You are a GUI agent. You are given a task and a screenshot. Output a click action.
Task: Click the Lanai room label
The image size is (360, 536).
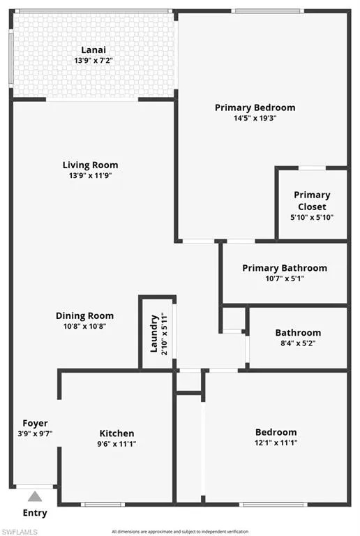click(x=93, y=50)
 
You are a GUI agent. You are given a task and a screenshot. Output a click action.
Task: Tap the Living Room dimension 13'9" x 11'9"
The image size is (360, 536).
click(x=91, y=176)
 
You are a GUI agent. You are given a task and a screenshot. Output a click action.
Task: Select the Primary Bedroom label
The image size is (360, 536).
click(x=255, y=107)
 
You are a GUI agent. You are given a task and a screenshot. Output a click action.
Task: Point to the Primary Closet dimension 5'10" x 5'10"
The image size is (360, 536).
click(x=312, y=218)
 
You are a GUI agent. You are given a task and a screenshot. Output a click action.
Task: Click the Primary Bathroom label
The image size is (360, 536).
click(x=285, y=268)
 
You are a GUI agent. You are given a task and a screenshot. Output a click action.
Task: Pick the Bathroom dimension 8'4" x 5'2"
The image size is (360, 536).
click(x=298, y=343)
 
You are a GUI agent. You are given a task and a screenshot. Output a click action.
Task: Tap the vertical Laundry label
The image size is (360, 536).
click(x=154, y=334)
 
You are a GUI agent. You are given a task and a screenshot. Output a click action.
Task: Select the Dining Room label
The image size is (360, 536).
click(x=84, y=315)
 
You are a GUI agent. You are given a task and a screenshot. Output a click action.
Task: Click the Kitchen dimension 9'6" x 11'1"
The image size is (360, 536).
click(x=117, y=444)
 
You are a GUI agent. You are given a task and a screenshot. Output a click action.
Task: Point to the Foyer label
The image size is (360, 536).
click(x=35, y=423)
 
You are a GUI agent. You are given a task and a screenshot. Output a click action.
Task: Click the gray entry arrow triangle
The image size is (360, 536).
click(x=35, y=497)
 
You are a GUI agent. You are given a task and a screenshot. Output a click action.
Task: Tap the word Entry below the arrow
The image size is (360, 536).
click(x=35, y=513)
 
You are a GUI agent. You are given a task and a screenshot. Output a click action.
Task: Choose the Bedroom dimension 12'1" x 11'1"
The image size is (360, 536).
click(x=276, y=443)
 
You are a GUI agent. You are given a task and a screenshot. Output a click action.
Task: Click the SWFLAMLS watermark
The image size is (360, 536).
click(x=19, y=532)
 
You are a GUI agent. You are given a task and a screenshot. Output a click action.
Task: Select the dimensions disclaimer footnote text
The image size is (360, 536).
click(x=180, y=532)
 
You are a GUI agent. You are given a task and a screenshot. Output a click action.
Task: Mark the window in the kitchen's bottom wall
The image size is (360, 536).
click(x=103, y=504)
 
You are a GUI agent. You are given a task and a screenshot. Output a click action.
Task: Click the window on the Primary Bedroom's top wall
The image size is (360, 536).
click(x=268, y=11)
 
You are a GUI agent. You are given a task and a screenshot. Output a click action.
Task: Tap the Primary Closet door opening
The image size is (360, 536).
click(x=312, y=167)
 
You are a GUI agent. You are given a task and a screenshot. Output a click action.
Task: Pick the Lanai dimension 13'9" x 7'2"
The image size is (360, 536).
click(x=93, y=61)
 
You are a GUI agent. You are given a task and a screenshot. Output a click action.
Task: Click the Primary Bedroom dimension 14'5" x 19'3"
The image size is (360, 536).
click(x=255, y=118)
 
